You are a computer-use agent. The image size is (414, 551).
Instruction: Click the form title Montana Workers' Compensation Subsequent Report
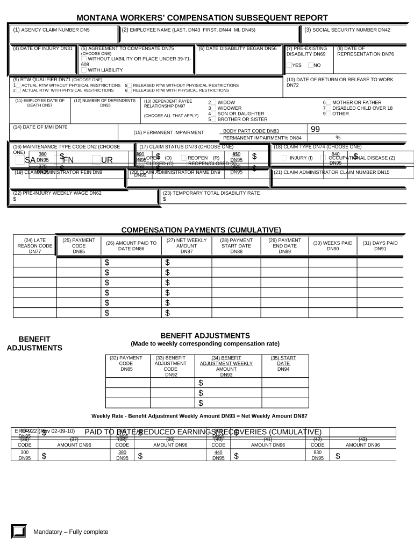(x=202, y=18)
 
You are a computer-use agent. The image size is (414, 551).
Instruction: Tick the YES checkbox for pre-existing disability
(x=290, y=65)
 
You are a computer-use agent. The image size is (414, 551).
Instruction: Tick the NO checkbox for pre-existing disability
(x=311, y=65)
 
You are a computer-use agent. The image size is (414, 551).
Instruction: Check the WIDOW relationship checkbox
(x=213, y=102)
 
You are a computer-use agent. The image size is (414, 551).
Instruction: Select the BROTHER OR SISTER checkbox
(x=213, y=119)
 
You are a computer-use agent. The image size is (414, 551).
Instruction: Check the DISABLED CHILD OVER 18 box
(x=329, y=108)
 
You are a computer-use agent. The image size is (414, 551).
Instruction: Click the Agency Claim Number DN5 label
(x=52, y=30)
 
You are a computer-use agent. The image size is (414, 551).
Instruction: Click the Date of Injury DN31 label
(x=42, y=48)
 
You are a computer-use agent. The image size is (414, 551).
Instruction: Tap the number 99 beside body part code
(x=315, y=129)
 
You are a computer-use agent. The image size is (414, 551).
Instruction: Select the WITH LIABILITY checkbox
(x=84, y=70)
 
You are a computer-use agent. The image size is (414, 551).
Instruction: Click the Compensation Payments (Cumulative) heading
(x=201, y=230)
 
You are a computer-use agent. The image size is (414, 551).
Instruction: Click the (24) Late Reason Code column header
(x=35, y=246)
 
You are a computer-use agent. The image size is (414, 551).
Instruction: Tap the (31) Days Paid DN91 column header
(x=380, y=246)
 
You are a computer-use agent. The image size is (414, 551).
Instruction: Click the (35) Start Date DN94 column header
(x=283, y=363)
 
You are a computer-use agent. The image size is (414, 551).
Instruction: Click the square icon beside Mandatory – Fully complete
(x=18, y=532)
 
